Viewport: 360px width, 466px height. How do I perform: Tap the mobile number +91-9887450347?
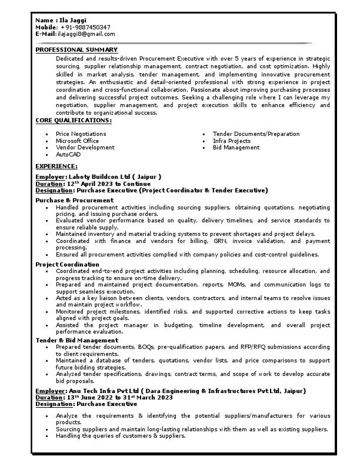pos(85,28)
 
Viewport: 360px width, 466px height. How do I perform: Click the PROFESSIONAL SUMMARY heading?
pos(76,50)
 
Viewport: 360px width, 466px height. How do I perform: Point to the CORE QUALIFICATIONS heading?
pos(74,121)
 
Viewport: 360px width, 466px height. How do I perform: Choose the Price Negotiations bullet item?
pos(81,134)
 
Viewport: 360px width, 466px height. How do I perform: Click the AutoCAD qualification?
pos(68,155)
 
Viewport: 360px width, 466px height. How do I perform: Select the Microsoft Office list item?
pos(78,141)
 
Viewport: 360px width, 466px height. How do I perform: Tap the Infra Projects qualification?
pos(232,141)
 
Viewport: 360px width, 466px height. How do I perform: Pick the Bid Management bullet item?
pos(236,148)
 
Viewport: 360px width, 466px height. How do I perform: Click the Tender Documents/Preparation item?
pos(256,134)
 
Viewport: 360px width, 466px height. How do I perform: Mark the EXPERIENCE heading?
pos(56,167)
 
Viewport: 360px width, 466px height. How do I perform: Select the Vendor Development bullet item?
pos(85,148)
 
